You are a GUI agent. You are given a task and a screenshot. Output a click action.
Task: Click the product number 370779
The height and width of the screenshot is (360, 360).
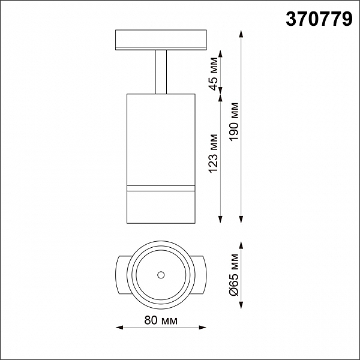point(319,20)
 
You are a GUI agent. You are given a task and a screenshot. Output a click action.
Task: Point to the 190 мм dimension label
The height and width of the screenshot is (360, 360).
point(235,121)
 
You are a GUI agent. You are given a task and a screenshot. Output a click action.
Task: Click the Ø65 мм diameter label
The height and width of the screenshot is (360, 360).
point(235,275)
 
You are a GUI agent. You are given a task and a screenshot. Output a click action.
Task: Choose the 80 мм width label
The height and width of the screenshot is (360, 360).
point(161,320)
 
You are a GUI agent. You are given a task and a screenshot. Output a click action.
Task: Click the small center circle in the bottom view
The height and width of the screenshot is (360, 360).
point(161,275)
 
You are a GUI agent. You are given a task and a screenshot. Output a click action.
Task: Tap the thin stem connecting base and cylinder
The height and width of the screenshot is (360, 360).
point(161,72)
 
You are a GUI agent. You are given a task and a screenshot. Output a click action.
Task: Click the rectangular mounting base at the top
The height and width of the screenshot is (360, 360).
point(161,40)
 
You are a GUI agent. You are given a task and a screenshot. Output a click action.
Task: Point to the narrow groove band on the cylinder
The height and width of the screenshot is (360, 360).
point(161,188)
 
